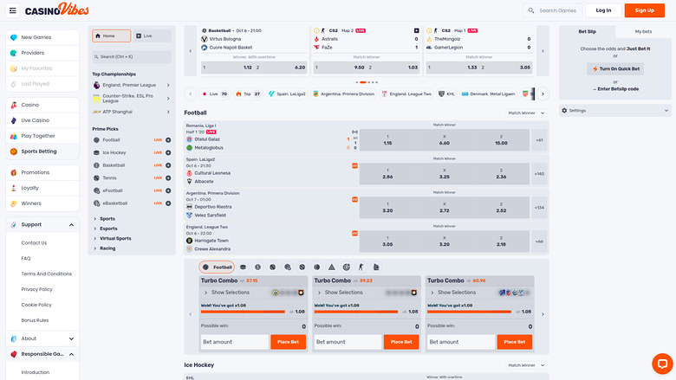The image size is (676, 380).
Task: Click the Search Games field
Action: coord(555,10)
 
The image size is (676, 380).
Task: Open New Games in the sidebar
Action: coord(36,37)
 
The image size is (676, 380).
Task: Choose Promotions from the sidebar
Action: coord(36,172)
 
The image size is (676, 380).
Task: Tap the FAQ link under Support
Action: coord(26,258)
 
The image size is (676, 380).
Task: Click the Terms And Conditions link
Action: coord(47,274)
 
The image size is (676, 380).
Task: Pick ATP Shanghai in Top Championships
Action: coord(120,112)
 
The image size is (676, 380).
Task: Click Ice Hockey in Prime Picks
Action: coord(115,152)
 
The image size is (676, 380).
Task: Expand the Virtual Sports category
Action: coord(115,238)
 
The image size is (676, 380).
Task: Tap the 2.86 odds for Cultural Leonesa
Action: coord(387,173)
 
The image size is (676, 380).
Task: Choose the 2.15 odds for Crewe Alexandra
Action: coord(501,242)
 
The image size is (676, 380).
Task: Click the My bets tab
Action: coord(643,31)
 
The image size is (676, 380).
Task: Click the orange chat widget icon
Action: coord(660,364)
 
